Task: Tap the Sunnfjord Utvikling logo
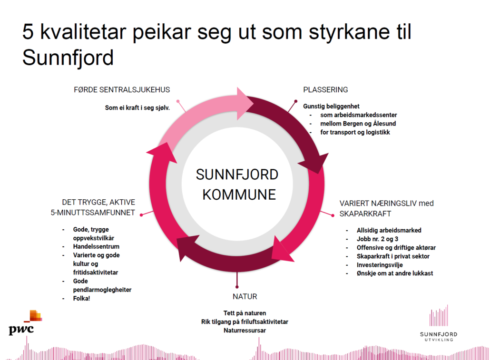(x=439, y=323)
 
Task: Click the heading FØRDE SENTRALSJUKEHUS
(x=122, y=90)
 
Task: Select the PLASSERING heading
(x=325, y=90)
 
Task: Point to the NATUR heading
(x=245, y=297)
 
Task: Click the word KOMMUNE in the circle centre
(x=239, y=195)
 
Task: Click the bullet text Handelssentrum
(x=96, y=246)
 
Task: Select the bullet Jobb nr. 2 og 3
(x=378, y=239)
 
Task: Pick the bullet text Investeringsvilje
(x=380, y=265)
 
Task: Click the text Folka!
(x=81, y=299)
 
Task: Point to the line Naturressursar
(x=245, y=331)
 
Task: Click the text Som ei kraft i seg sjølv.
(x=137, y=108)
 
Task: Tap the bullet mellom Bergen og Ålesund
(x=358, y=124)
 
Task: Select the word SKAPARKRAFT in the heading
(x=365, y=214)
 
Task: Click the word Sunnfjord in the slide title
(x=68, y=58)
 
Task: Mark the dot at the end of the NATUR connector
(x=237, y=287)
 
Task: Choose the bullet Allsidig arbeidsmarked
(x=389, y=230)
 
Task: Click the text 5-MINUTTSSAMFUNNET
(x=93, y=213)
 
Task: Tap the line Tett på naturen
(x=245, y=313)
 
